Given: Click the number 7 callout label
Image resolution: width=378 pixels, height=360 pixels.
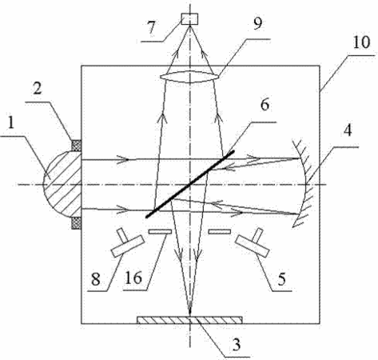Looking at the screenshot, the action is [x=152, y=28].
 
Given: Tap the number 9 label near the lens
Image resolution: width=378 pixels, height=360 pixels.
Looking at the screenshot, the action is [x=257, y=24].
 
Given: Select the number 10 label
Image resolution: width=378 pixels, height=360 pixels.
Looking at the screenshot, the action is [x=361, y=42].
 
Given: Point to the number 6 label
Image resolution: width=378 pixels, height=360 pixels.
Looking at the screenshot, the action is [x=265, y=105].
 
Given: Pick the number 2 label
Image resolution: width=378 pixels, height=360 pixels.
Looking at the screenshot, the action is [x=38, y=88].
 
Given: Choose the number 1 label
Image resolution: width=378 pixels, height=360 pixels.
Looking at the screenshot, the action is [x=11, y=123].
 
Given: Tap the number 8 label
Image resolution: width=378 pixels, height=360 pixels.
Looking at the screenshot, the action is [x=96, y=279].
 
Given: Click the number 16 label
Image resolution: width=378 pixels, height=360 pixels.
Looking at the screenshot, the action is [x=133, y=278].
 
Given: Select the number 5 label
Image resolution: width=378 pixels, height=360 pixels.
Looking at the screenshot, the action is [x=282, y=279].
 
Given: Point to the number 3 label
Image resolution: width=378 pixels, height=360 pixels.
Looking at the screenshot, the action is [x=237, y=344].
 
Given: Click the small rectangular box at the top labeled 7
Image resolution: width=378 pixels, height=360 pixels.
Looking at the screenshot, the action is [x=189, y=19].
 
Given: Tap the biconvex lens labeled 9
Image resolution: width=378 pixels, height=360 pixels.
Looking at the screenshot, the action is [x=189, y=77].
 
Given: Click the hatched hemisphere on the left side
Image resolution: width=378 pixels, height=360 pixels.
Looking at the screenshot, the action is [x=62, y=184].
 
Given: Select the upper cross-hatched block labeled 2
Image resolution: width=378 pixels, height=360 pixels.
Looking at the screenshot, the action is [x=77, y=146].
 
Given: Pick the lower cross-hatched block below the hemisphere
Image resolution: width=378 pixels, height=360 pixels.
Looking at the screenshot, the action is [x=77, y=223].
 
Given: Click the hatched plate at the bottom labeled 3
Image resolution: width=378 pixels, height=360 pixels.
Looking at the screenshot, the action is [x=189, y=320].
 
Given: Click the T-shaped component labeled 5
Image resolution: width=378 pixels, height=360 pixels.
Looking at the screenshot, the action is [x=253, y=242].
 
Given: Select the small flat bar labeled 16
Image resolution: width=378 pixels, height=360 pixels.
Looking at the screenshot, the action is [x=160, y=232].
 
